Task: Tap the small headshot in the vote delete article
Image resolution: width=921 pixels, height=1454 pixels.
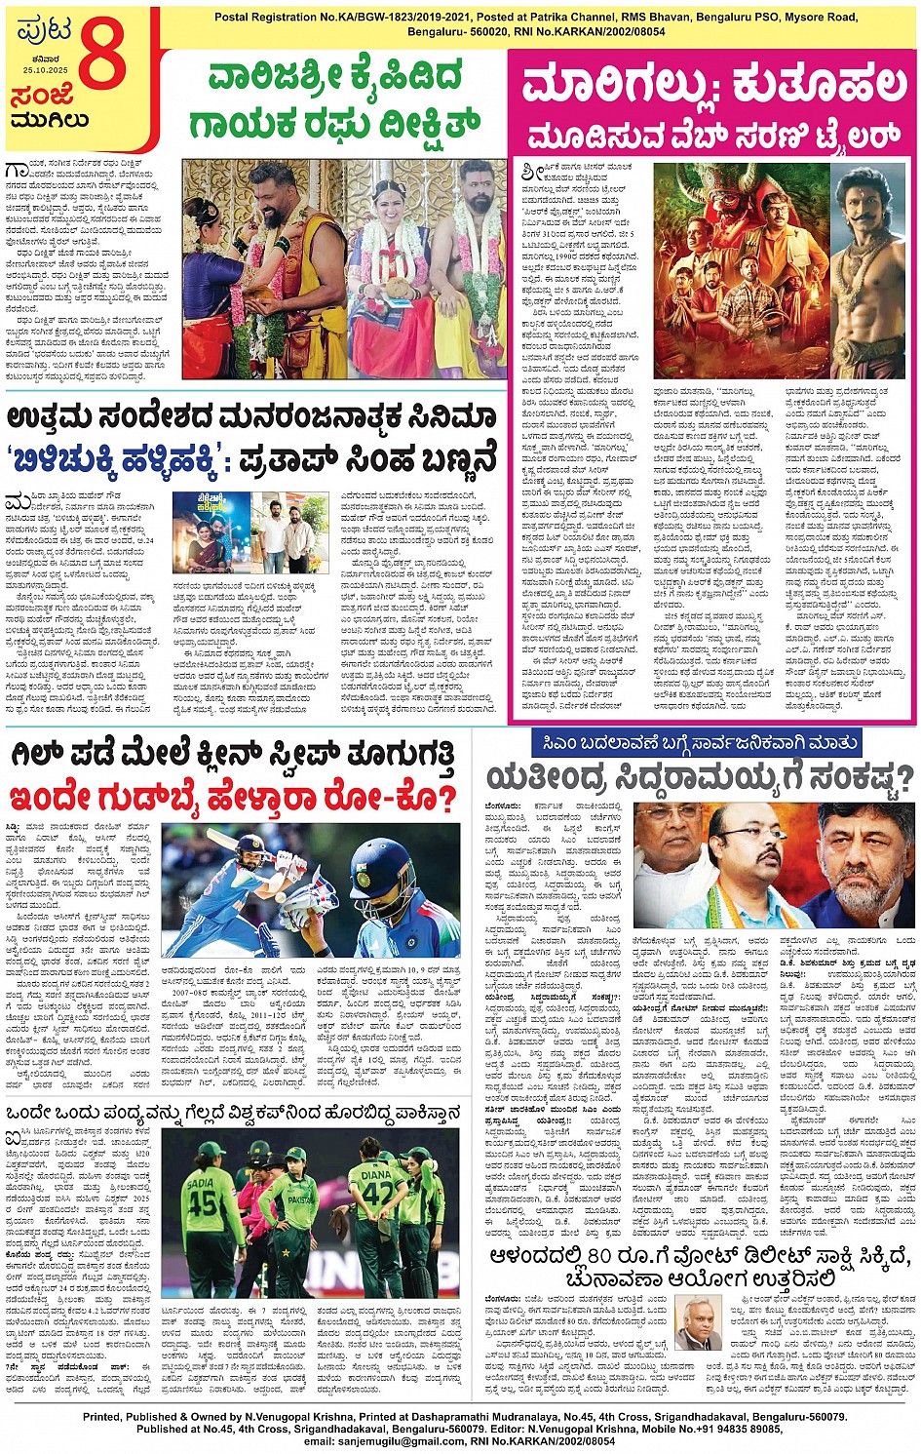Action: click(698, 1321)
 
